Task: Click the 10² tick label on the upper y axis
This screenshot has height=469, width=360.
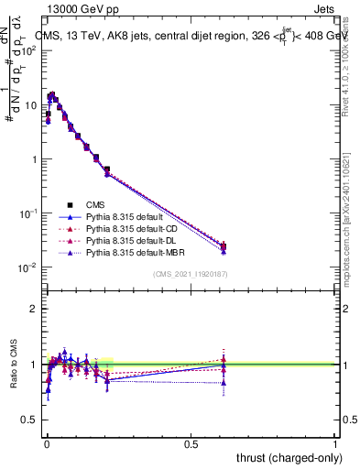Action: [x=29, y=50]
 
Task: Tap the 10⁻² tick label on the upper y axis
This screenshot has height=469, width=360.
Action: [x=28, y=267]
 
